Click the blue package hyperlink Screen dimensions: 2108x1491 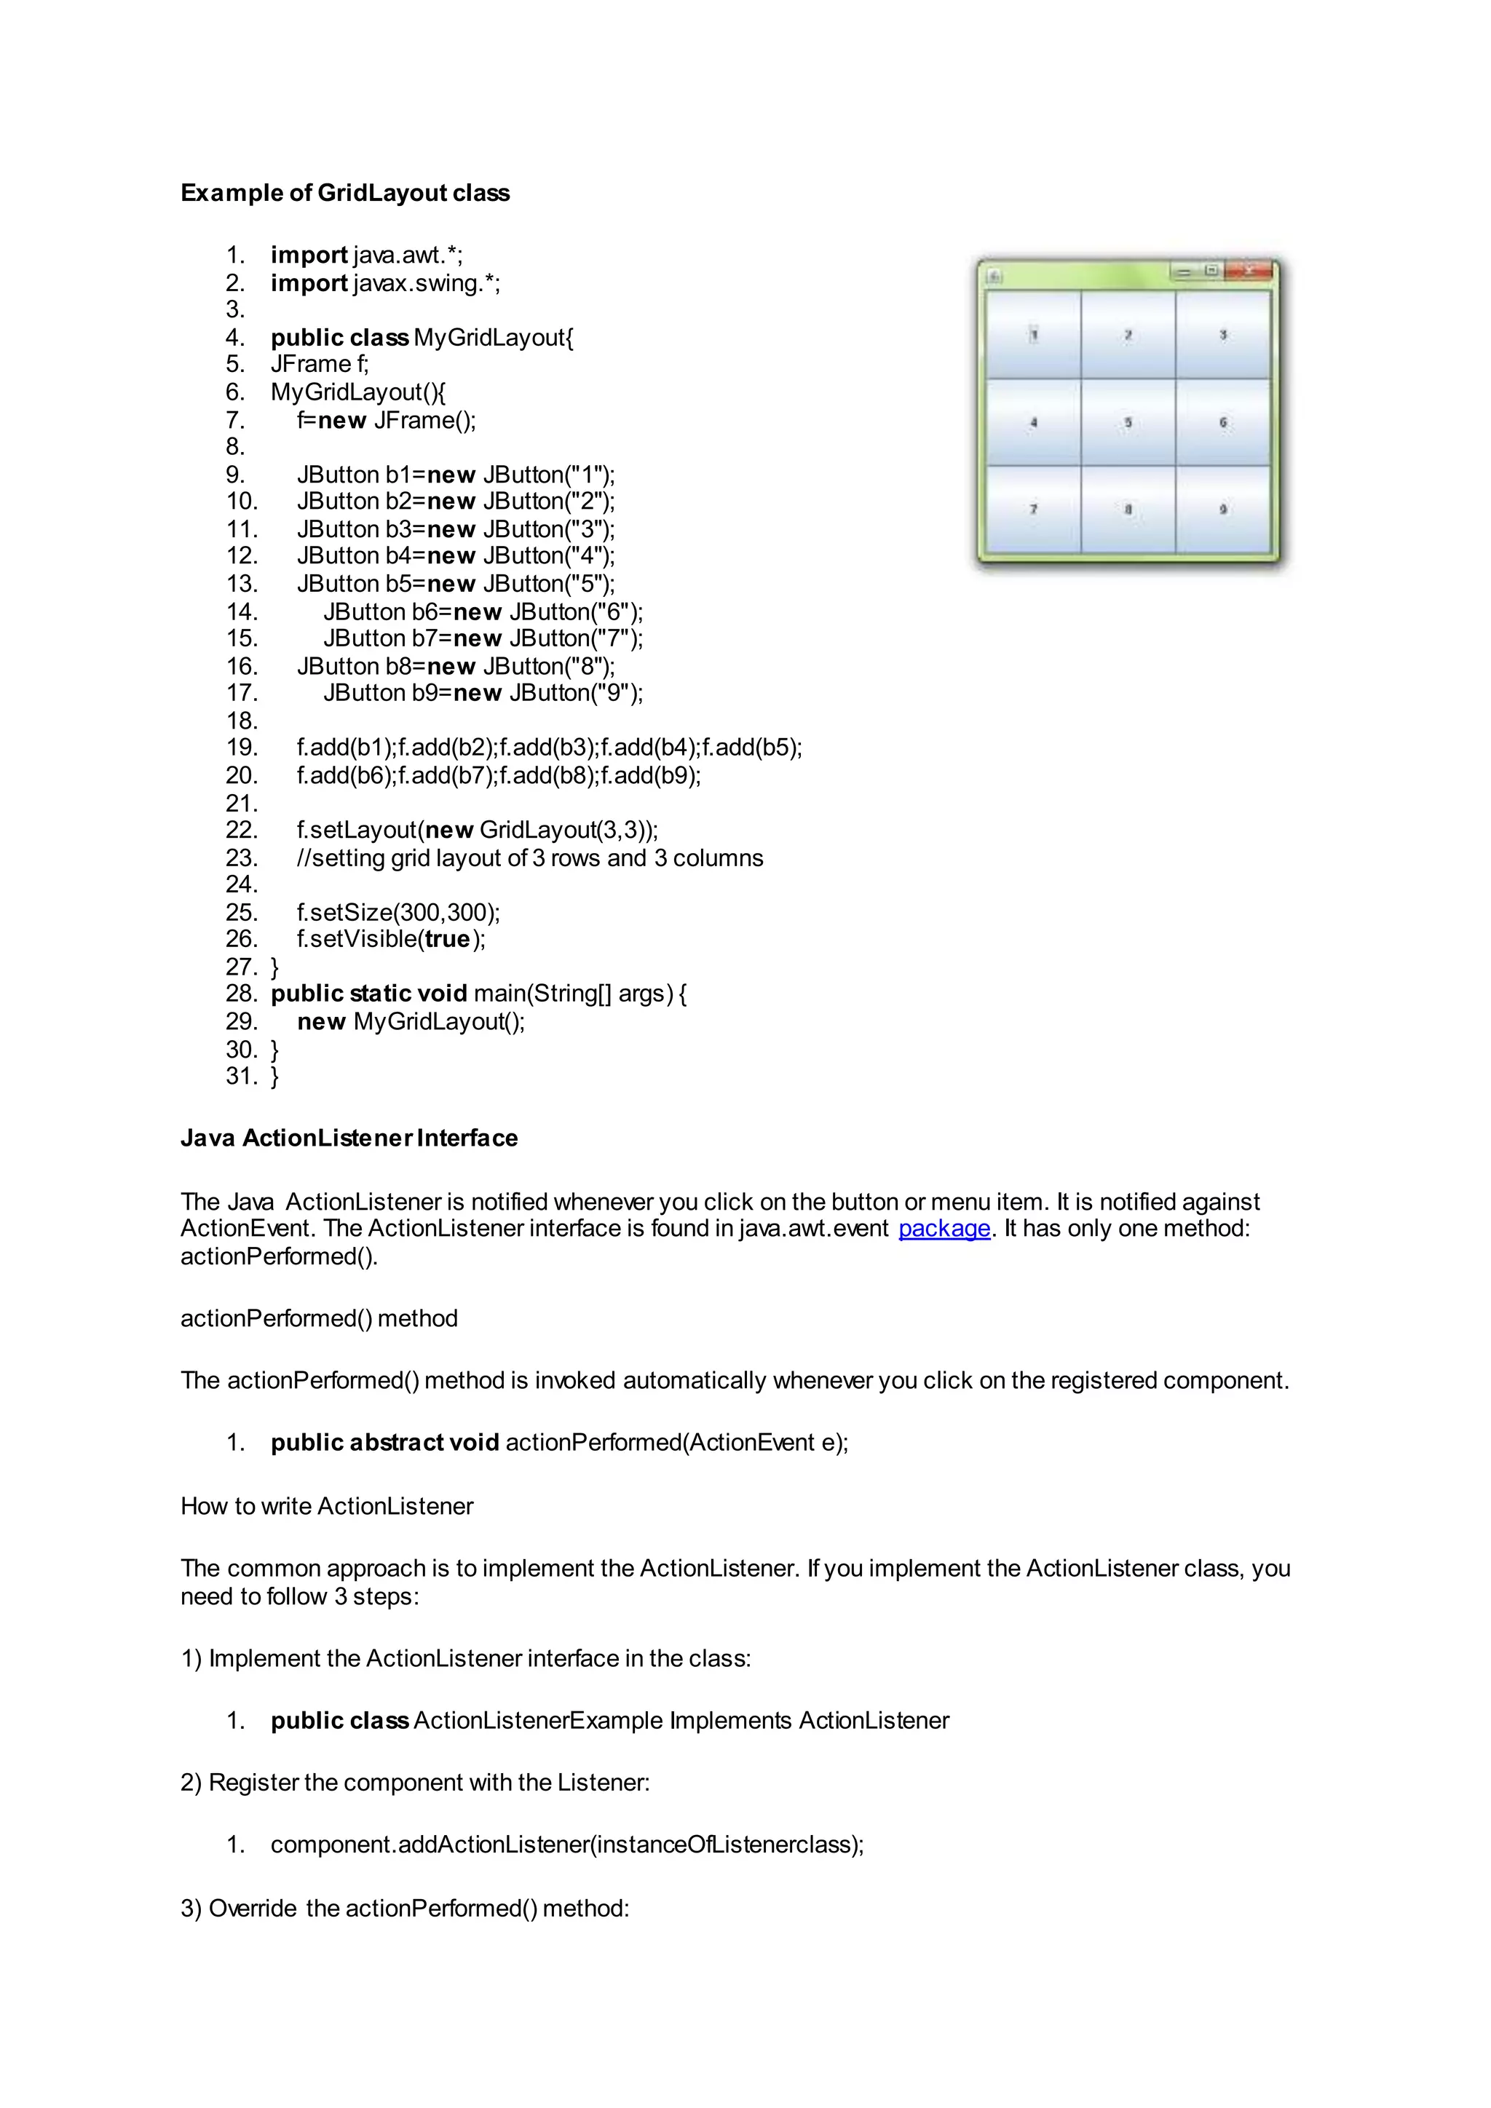(944, 1229)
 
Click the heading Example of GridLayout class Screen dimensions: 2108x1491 (344, 193)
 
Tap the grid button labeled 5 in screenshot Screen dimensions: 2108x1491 (1128, 422)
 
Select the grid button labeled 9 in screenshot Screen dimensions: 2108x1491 (1223, 509)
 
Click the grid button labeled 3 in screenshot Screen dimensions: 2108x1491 (1223, 335)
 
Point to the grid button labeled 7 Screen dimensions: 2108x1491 (1033, 509)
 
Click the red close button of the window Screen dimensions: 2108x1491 (1249, 271)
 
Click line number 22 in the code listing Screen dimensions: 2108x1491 (242, 830)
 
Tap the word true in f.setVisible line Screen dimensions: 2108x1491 (447, 939)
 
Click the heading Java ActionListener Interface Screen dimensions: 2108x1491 (349, 1138)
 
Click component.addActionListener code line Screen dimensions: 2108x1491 (566, 1844)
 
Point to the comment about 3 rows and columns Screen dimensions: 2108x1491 (530, 858)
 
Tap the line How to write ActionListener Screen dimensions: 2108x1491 (327, 1507)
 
